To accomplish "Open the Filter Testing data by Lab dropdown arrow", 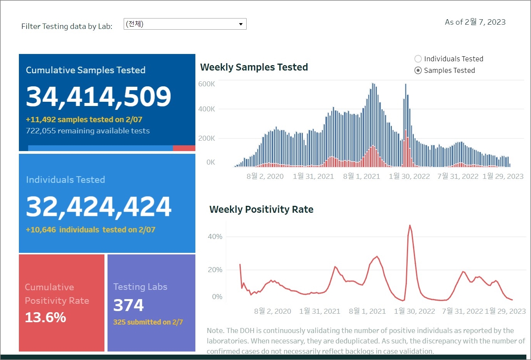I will click(241, 24).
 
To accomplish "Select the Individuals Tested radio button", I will click(418, 59).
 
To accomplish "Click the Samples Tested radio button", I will click(418, 71).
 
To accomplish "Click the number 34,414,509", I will click(98, 96).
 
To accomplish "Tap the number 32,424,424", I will click(98, 207).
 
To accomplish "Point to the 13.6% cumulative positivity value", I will click(45, 318).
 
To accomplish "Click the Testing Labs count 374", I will click(128, 305).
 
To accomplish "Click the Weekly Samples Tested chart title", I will click(254, 67).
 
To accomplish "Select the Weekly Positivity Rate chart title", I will click(261, 210).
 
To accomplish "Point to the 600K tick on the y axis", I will click(207, 84).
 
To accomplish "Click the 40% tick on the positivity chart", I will click(215, 237).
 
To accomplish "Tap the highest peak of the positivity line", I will click(410, 225).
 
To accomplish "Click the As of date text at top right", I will click(475, 22).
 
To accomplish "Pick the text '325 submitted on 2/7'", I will click(148, 322).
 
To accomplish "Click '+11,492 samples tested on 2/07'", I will click(84, 120).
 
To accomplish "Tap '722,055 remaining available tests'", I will click(88, 131).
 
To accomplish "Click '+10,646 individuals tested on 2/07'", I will click(91, 230).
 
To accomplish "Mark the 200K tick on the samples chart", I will click(207, 138).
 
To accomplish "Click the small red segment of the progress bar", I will click(184, 148).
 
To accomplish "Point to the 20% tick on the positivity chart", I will click(215, 270).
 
